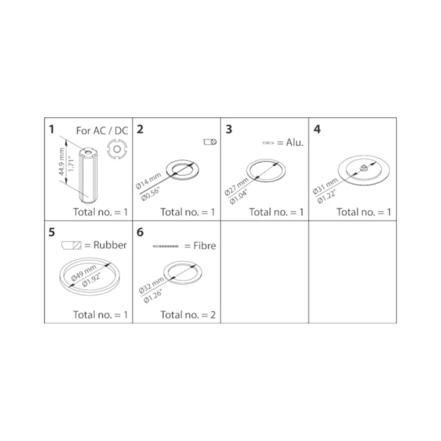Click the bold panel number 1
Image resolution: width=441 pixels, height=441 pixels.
[52, 129]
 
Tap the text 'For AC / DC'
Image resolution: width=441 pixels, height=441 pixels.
[102, 131]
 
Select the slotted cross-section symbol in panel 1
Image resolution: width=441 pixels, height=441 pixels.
[117, 149]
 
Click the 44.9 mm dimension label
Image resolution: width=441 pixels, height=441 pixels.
[62, 162]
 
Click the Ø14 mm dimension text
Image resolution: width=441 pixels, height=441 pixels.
[148, 181]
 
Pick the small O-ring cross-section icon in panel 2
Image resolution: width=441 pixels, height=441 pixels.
[210, 142]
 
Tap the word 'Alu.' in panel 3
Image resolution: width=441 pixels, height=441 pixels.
[295, 143]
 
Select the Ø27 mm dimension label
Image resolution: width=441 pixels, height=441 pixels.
[236, 187]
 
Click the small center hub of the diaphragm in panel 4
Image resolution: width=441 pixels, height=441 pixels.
[363, 168]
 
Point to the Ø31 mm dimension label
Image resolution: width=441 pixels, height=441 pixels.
[325, 186]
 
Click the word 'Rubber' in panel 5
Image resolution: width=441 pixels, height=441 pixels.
[110, 245]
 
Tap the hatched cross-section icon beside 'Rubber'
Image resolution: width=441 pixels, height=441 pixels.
[71, 245]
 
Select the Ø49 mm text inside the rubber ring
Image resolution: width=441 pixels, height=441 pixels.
[84, 273]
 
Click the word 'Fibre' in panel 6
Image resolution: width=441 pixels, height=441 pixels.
[205, 246]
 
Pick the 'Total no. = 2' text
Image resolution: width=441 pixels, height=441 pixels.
[188, 315]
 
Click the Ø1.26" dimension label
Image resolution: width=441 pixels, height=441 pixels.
[153, 297]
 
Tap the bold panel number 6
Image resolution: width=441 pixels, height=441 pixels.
[140, 232]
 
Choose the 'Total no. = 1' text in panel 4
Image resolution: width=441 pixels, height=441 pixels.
[364, 212]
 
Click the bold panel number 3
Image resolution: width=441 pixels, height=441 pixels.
[229, 129]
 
